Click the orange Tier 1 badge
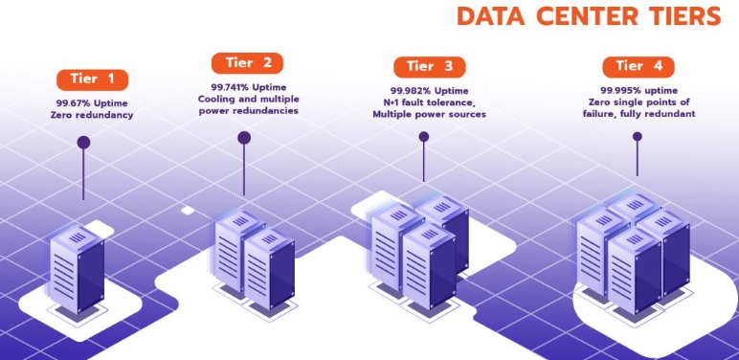(x=92, y=79)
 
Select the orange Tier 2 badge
(x=248, y=63)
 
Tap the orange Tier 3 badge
(x=429, y=67)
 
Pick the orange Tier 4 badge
(x=638, y=67)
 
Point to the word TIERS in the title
(x=687, y=16)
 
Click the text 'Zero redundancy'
(x=92, y=115)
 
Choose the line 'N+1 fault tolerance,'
(x=429, y=102)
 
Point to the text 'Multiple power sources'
(x=429, y=115)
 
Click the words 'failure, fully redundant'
(x=640, y=114)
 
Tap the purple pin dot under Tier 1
(x=83, y=143)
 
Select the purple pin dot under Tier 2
(x=244, y=138)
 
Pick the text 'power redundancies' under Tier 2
(x=248, y=111)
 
